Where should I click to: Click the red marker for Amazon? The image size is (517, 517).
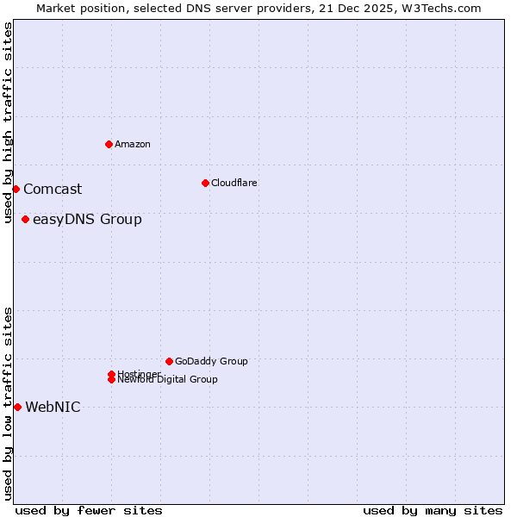[109, 144]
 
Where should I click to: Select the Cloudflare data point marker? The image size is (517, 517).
[205, 183]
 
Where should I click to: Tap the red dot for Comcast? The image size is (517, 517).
[16, 189]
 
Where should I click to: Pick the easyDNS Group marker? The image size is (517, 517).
[25, 219]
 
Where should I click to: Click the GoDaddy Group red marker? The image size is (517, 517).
[169, 361]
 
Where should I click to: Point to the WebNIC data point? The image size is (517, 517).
[17, 407]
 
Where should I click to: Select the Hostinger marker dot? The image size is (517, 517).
[111, 374]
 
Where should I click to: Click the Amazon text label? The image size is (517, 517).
[133, 144]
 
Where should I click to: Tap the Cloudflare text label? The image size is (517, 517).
[234, 183]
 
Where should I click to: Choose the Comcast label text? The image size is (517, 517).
[53, 189]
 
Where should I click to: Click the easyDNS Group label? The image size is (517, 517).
[87, 219]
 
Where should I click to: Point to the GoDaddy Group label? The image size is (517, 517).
[211, 361]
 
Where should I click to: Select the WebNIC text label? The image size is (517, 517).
[53, 407]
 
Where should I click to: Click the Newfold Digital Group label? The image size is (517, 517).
[169, 380]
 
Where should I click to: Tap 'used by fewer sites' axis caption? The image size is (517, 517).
[89, 510]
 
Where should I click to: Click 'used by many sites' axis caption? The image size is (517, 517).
[433, 510]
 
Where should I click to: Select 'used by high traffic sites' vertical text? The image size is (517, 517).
[9, 122]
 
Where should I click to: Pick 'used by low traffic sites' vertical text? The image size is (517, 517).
[9, 402]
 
